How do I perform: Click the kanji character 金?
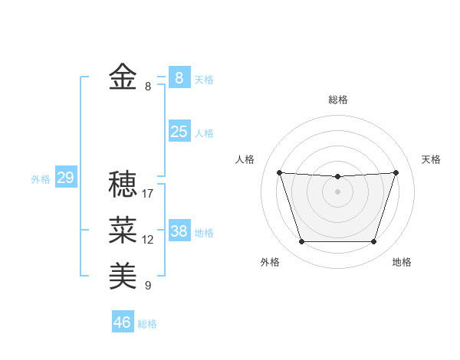(x=123, y=77)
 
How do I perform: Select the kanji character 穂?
(x=123, y=184)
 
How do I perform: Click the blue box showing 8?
(x=179, y=77)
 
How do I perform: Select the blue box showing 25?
(x=179, y=132)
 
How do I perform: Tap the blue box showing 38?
(x=179, y=231)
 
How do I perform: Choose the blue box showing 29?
(x=65, y=178)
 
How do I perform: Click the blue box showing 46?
(x=122, y=322)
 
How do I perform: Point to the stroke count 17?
(x=148, y=194)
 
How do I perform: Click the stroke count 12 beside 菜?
(x=148, y=240)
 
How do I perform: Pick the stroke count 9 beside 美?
(x=148, y=286)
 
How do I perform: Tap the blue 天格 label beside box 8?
(x=204, y=80)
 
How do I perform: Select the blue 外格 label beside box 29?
(x=41, y=180)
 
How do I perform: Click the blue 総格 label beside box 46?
(x=147, y=324)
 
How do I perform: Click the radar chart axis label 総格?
(x=337, y=100)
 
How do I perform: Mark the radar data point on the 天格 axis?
(x=396, y=172)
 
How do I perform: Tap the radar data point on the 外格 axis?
(x=301, y=242)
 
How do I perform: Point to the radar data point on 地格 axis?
(x=373, y=242)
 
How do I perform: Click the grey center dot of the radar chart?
(x=337, y=191)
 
